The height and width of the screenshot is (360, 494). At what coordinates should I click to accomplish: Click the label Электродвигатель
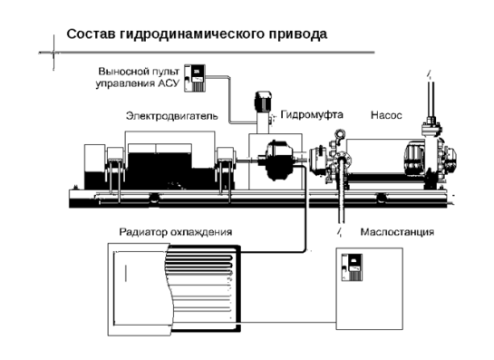click(172, 116)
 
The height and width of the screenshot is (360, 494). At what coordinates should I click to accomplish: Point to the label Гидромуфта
click(312, 114)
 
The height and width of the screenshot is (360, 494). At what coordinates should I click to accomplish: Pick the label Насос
click(386, 115)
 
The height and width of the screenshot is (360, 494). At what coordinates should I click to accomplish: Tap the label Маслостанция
click(397, 232)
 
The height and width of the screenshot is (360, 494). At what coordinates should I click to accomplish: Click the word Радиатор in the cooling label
click(143, 232)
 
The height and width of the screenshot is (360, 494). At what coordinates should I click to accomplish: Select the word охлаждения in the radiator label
click(201, 233)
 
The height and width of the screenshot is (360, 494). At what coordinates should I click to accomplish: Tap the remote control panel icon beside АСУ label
click(195, 78)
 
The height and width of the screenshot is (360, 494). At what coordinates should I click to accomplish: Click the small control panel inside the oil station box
click(353, 268)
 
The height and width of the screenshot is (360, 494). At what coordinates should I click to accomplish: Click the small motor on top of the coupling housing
click(263, 102)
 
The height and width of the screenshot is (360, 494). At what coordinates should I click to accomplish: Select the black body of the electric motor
click(160, 170)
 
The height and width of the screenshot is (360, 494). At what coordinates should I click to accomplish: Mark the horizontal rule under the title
click(207, 53)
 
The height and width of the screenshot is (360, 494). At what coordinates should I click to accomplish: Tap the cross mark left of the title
click(53, 53)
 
